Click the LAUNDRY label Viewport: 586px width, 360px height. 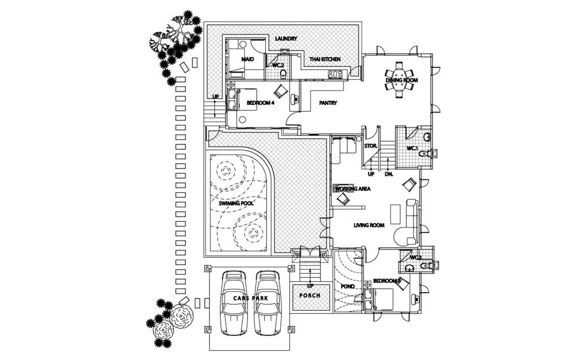286,39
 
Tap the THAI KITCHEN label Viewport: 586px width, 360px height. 325,60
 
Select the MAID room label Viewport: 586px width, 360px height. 248,60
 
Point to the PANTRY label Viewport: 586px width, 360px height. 328,103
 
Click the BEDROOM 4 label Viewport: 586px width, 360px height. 260,103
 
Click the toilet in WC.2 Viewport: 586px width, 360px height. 283,74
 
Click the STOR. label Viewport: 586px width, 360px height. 371,146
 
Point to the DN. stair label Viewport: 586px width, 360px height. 389,174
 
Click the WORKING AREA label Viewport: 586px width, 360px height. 353,189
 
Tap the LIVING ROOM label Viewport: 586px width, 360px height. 369,225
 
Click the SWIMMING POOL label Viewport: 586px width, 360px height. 236,203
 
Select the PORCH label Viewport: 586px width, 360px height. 310,296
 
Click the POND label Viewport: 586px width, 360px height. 348,286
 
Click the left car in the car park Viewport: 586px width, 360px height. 234,303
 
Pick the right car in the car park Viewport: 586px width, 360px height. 268,303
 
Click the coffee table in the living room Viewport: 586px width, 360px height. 395,214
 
